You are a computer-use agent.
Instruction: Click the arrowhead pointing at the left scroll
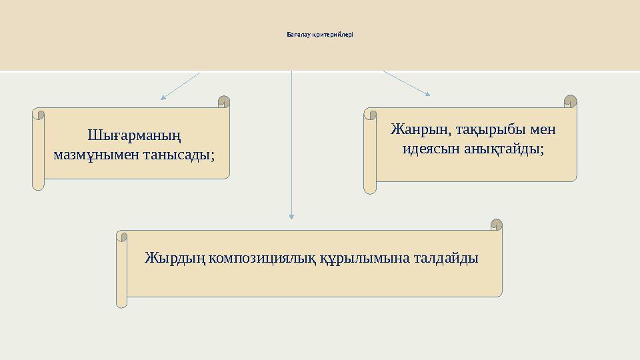[163, 97]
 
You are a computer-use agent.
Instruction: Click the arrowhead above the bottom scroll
[291, 215]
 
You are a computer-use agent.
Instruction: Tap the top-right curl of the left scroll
[224, 101]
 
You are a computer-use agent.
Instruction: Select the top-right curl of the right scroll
[571, 101]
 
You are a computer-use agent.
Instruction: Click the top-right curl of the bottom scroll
[496, 225]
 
